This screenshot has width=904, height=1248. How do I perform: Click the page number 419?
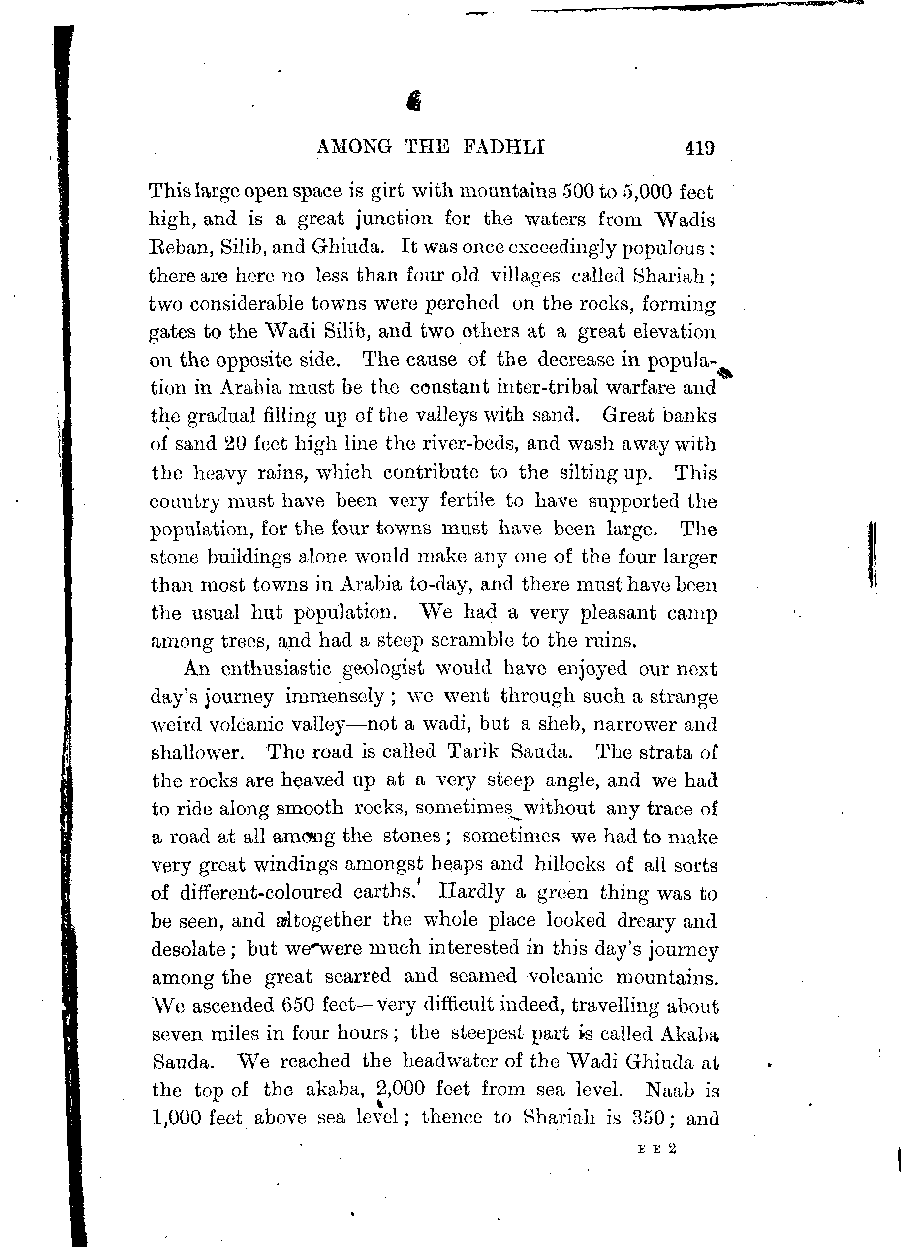[x=699, y=148]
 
